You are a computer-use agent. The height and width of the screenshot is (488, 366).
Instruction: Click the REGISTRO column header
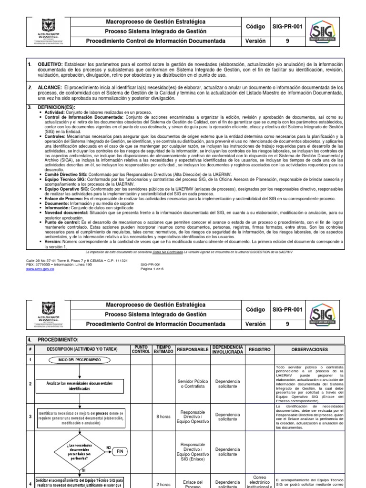point(260,349)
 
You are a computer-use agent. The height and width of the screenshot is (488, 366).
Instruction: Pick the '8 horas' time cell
point(163,416)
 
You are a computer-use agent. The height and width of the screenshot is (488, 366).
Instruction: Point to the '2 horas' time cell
point(163,485)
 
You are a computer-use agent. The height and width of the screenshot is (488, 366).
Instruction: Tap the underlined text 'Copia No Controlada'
point(169,251)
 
